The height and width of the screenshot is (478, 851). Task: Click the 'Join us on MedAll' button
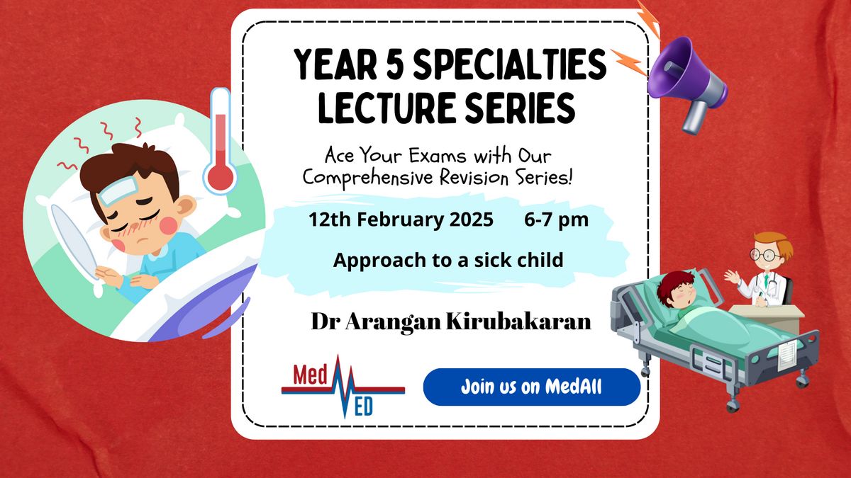[x=532, y=387]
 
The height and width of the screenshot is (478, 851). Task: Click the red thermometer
[x=220, y=141]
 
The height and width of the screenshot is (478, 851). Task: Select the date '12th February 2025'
[x=401, y=220]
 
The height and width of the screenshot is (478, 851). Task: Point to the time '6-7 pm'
[x=557, y=220]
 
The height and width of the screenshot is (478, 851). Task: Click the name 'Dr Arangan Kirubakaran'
[x=451, y=321]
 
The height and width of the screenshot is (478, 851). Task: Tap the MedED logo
[x=343, y=386]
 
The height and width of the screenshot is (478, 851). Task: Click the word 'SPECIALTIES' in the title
[x=509, y=64]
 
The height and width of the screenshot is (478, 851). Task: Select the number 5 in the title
[x=394, y=64]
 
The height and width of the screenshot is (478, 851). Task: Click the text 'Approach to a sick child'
[x=448, y=261]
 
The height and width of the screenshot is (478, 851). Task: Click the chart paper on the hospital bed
[x=788, y=355]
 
